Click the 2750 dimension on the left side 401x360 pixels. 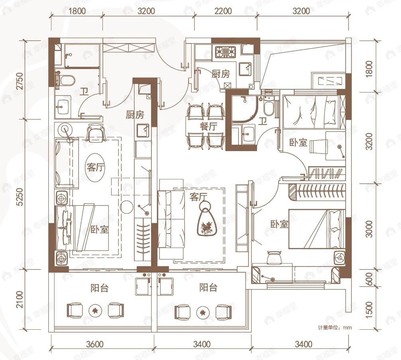(x=20, y=81)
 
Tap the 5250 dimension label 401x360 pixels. (x=20, y=197)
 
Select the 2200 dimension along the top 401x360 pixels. (x=223, y=11)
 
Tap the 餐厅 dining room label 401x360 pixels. (x=208, y=127)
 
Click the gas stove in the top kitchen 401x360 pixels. (x=225, y=52)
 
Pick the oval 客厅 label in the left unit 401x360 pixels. (x=95, y=167)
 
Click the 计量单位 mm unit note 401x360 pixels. (x=335, y=327)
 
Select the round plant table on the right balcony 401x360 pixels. (x=203, y=312)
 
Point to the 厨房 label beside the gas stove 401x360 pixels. (x=221, y=74)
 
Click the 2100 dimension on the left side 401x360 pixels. (x=20, y=300)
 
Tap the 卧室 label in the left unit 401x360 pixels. (x=100, y=230)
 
